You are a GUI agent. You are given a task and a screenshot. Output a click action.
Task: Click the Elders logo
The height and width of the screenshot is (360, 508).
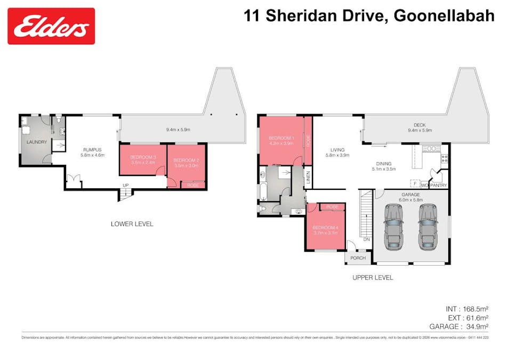(51, 26)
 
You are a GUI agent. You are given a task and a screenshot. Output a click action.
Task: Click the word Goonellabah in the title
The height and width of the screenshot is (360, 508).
(444, 15)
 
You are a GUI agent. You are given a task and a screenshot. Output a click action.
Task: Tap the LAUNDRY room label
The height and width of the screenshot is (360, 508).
(37, 142)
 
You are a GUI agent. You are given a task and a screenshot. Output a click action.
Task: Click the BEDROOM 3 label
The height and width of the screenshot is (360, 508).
(143, 157)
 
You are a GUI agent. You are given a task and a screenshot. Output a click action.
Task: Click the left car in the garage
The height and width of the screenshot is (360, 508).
(393, 226)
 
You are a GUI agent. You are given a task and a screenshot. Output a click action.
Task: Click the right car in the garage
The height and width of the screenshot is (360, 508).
(429, 226)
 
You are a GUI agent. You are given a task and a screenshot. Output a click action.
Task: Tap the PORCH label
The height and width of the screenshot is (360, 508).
(358, 258)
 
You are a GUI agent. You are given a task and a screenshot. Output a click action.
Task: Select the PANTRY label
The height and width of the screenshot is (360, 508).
(439, 186)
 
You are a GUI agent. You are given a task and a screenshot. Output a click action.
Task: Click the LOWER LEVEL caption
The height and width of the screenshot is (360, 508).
(132, 224)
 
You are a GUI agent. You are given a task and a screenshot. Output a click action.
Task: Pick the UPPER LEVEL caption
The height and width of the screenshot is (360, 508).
(373, 277)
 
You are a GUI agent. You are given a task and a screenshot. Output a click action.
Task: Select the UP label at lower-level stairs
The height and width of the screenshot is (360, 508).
(126, 186)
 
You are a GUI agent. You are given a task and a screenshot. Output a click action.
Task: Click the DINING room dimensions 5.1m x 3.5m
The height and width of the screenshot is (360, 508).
(383, 170)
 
